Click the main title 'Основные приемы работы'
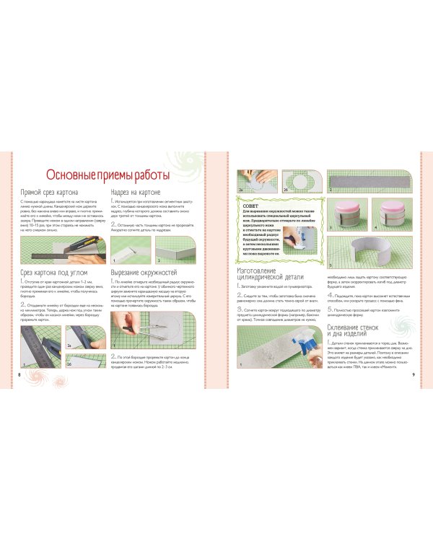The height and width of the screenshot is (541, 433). [108, 175]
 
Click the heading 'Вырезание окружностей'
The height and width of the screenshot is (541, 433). [144, 273]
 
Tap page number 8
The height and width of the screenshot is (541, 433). [18, 374]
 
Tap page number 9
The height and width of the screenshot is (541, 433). [413, 374]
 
